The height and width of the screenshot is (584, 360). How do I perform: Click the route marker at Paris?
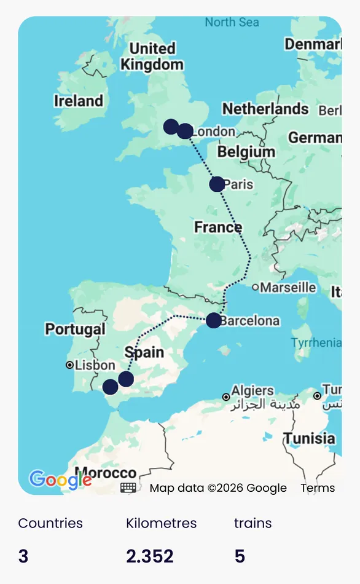(x=217, y=184)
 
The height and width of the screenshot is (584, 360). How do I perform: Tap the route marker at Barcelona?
(x=213, y=320)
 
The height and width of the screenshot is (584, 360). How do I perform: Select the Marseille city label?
(x=288, y=287)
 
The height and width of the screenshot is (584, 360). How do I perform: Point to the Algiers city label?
(x=252, y=391)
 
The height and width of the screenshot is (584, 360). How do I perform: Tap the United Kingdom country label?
(x=152, y=56)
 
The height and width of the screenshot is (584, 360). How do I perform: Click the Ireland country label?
(x=79, y=101)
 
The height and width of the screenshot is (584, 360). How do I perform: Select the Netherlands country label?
(x=265, y=109)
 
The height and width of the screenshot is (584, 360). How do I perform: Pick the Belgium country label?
(x=246, y=151)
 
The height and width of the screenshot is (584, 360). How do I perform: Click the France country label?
(x=218, y=227)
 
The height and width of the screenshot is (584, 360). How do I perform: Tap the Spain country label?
(x=144, y=352)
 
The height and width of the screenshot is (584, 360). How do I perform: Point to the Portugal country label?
(x=75, y=329)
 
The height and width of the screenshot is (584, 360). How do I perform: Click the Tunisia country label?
(x=309, y=438)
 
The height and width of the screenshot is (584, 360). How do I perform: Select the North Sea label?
(x=232, y=23)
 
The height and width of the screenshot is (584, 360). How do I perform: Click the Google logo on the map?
(x=60, y=479)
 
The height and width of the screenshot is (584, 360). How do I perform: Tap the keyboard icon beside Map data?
(x=128, y=487)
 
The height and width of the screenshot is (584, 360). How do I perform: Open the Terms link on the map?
(x=318, y=488)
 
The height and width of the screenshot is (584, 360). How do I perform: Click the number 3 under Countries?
(x=23, y=556)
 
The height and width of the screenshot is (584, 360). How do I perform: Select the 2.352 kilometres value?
(x=150, y=556)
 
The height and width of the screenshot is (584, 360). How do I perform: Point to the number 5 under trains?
(x=240, y=556)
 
